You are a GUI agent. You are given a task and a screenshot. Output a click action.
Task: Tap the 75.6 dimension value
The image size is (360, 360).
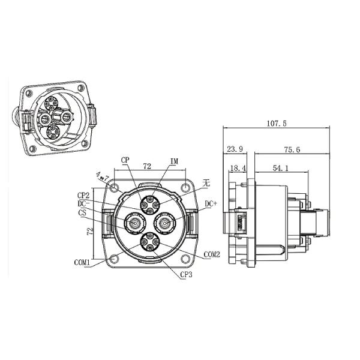(293, 148)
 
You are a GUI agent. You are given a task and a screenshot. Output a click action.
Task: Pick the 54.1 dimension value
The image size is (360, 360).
(280, 169)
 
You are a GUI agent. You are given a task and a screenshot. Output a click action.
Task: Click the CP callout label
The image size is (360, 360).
(125, 160)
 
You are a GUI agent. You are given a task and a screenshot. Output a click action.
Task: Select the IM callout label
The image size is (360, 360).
(175, 161)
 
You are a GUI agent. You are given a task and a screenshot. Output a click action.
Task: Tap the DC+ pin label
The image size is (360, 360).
(211, 204)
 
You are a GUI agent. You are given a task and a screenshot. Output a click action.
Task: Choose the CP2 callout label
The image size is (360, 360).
(83, 195)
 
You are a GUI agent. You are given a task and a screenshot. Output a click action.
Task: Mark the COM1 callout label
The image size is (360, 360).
(83, 262)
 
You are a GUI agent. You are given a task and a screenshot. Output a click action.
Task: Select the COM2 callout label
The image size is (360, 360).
(212, 255)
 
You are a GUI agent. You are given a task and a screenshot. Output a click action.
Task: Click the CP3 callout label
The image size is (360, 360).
(187, 274)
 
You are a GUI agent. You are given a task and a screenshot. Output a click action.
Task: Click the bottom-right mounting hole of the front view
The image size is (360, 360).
(187, 260)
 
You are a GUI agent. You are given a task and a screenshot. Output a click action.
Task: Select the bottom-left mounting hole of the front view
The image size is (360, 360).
(113, 260)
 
